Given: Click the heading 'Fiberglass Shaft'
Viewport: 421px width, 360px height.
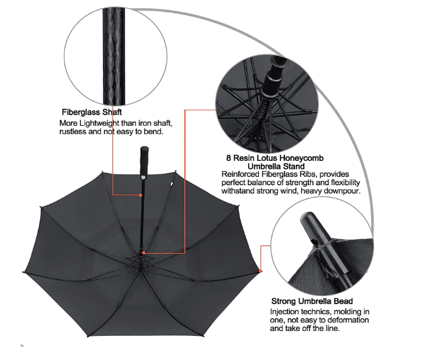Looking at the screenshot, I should (91, 112).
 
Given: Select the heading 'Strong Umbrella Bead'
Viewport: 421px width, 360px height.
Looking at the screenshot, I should (312, 301).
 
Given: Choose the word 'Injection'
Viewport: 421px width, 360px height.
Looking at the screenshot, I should (287, 312).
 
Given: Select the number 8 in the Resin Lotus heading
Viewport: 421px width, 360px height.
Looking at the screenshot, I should (229, 157).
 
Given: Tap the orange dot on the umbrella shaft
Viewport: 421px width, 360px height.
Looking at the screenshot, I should (141, 195).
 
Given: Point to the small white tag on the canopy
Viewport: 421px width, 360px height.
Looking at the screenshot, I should (171, 184).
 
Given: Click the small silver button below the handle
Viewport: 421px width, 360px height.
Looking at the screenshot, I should (143, 177).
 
